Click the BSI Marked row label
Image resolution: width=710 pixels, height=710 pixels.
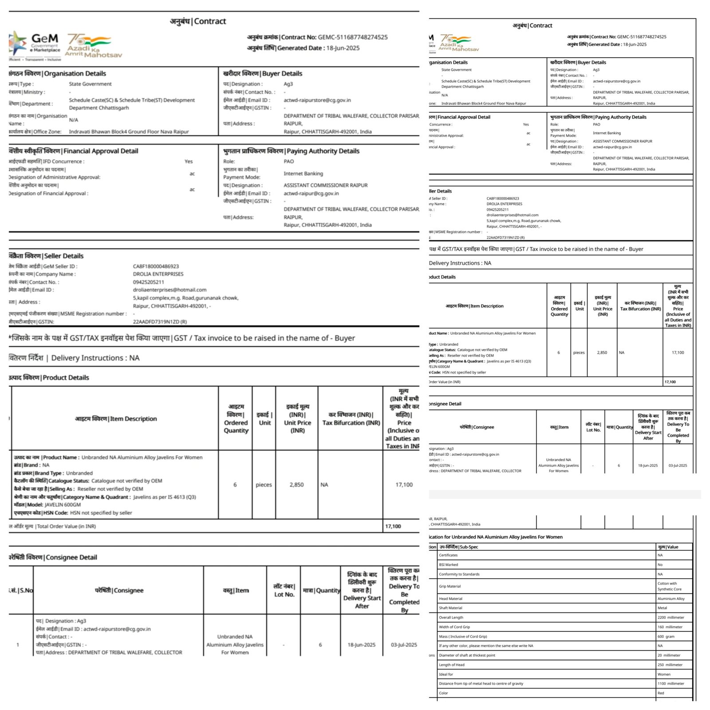(x=448, y=564)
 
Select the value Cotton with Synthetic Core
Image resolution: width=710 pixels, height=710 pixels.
(x=669, y=586)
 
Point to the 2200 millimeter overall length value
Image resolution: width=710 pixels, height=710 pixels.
(x=671, y=617)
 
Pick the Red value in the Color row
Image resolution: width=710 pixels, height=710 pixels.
(x=661, y=693)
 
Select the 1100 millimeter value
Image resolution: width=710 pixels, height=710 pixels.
(x=671, y=683)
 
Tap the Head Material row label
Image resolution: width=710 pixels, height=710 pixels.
(x=450, y=599)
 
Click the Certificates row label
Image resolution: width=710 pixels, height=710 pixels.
(x=448, y=555)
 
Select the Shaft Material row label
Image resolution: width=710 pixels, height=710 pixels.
(x=450, y=608)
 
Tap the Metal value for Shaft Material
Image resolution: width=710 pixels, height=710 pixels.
(x=662, y=608)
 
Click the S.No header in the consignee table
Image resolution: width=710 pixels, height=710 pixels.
(x=21, y=590)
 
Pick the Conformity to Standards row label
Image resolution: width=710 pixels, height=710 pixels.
(x=459, y=574)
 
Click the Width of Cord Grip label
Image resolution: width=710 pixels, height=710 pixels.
(x=454, y=627)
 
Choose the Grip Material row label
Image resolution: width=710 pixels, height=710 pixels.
(x=450, y=586)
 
